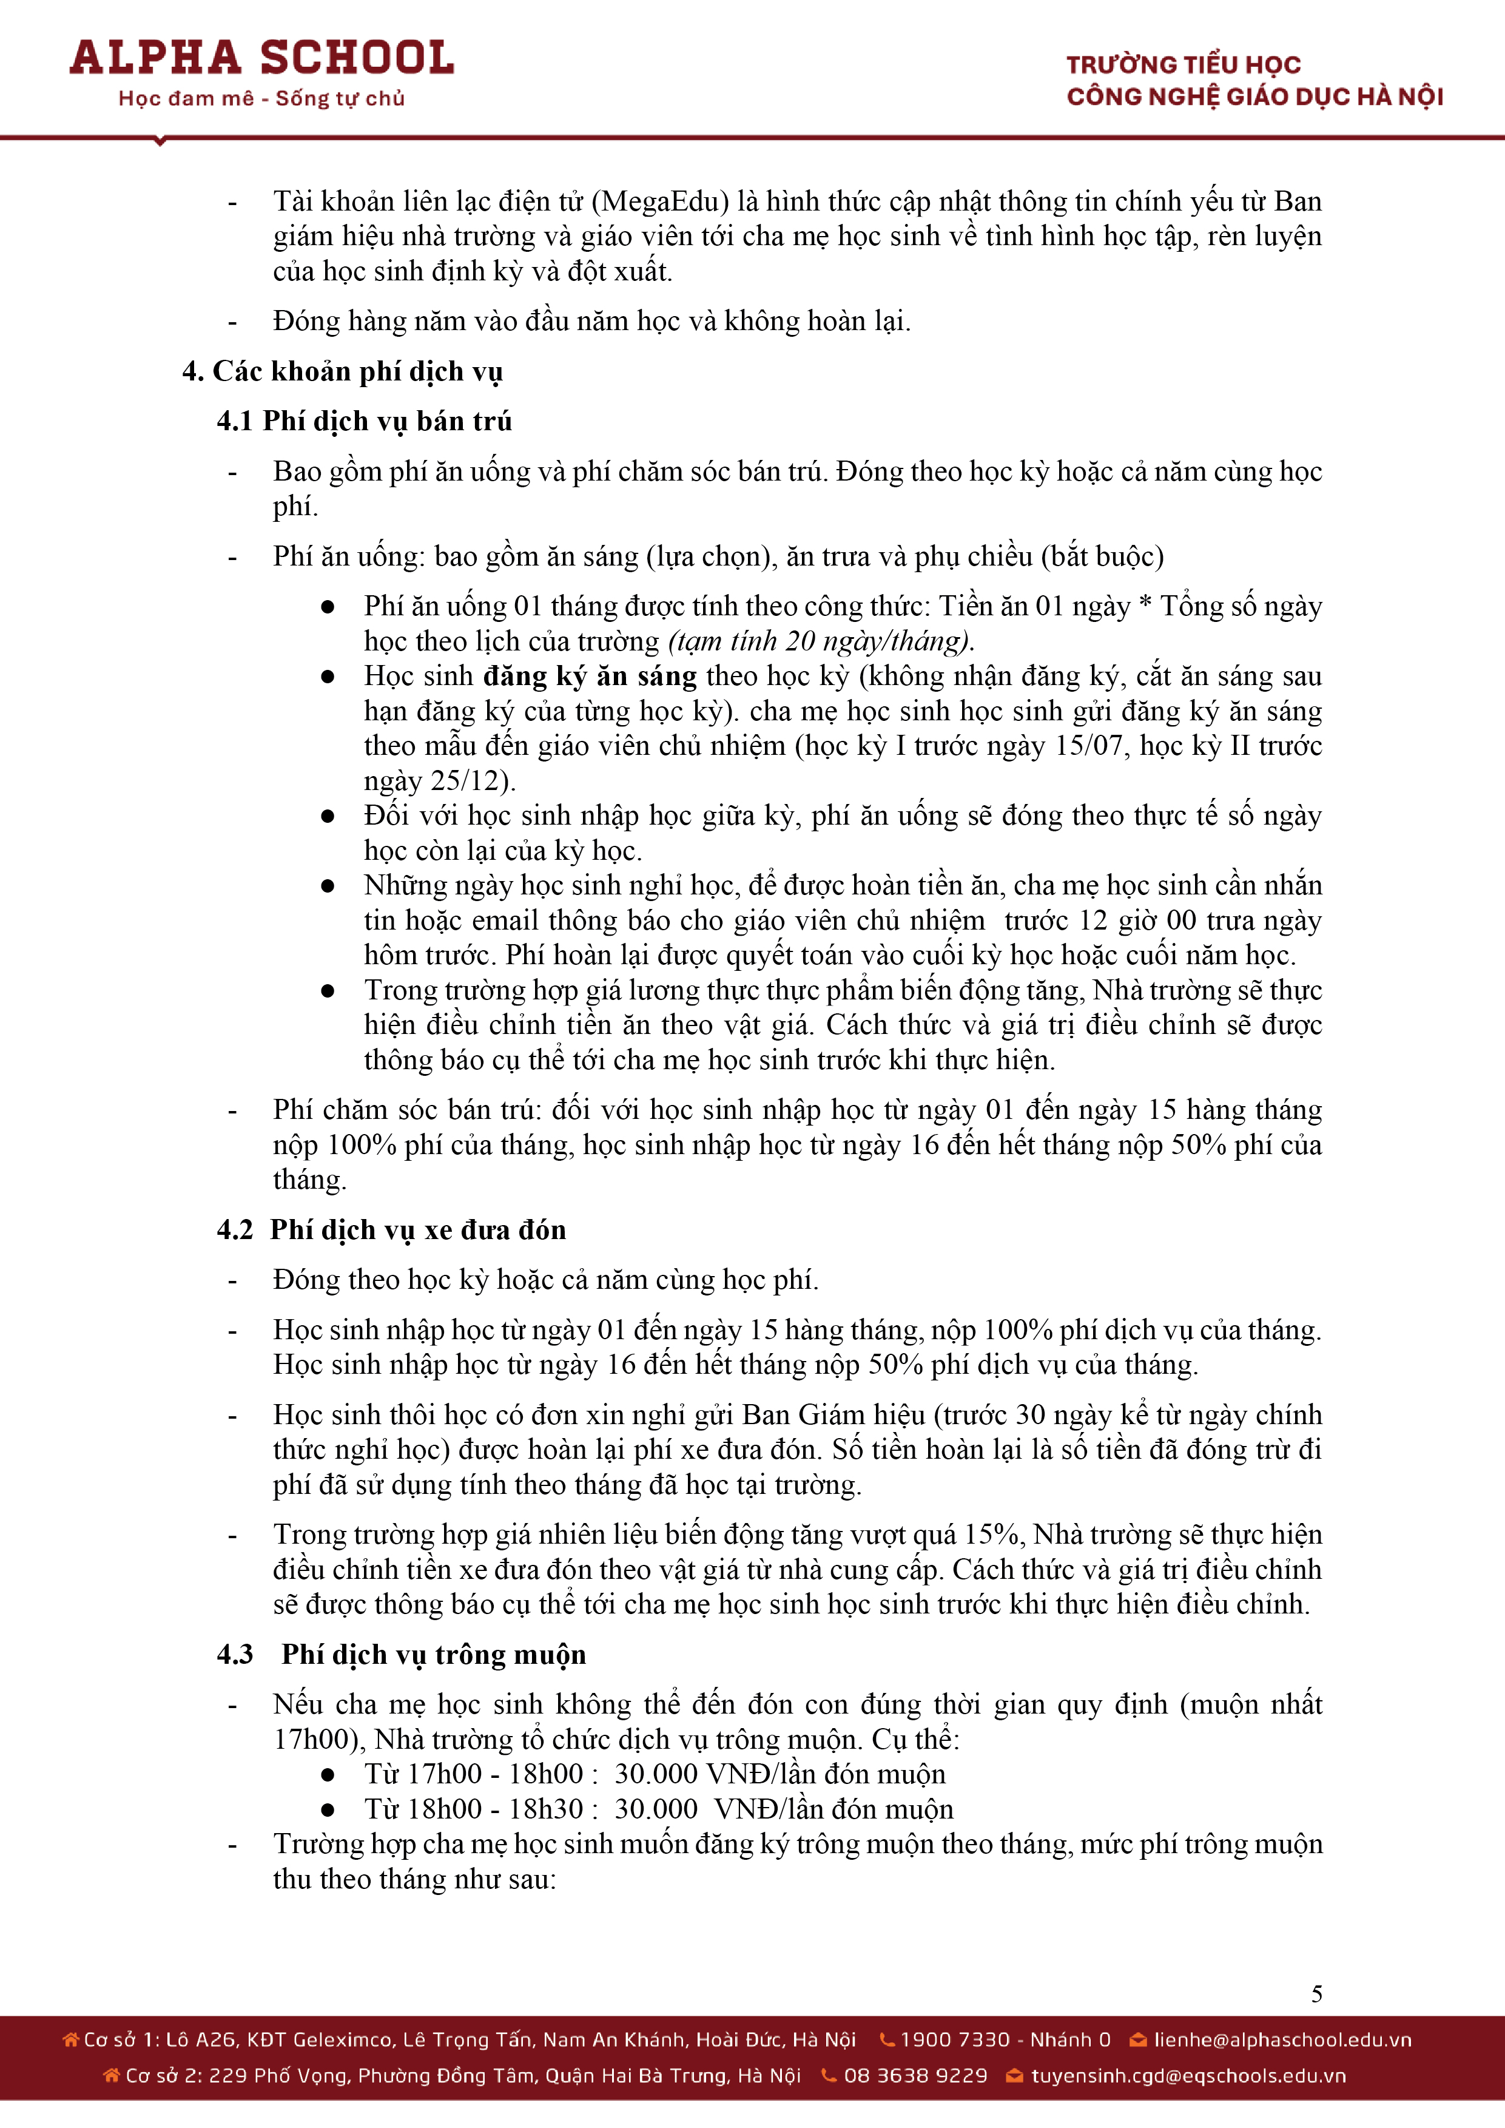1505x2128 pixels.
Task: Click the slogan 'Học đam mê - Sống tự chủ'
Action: click(261, 98)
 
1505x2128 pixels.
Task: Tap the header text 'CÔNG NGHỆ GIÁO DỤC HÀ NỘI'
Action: click(1255, 96)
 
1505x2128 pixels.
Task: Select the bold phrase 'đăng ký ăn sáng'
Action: click(590, 676)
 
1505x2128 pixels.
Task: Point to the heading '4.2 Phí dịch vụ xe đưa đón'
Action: click(391, 1230)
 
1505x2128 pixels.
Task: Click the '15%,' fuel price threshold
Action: click(994, 1534)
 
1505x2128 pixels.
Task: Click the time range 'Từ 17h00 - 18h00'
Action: click(474, 1774)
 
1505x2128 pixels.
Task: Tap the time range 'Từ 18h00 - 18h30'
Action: click(474, 1809)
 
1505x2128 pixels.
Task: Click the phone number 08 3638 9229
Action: click(915, 2075)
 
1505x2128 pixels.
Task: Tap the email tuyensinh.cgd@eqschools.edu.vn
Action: click(1188, 2075)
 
